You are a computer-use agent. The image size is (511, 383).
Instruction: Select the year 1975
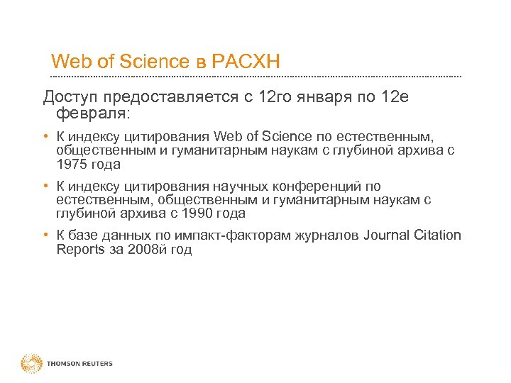tap(71, 164)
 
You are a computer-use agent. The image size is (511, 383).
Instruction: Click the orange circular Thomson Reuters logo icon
tap(31, 364)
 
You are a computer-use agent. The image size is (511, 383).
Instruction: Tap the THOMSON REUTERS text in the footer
tap(79, 364)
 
